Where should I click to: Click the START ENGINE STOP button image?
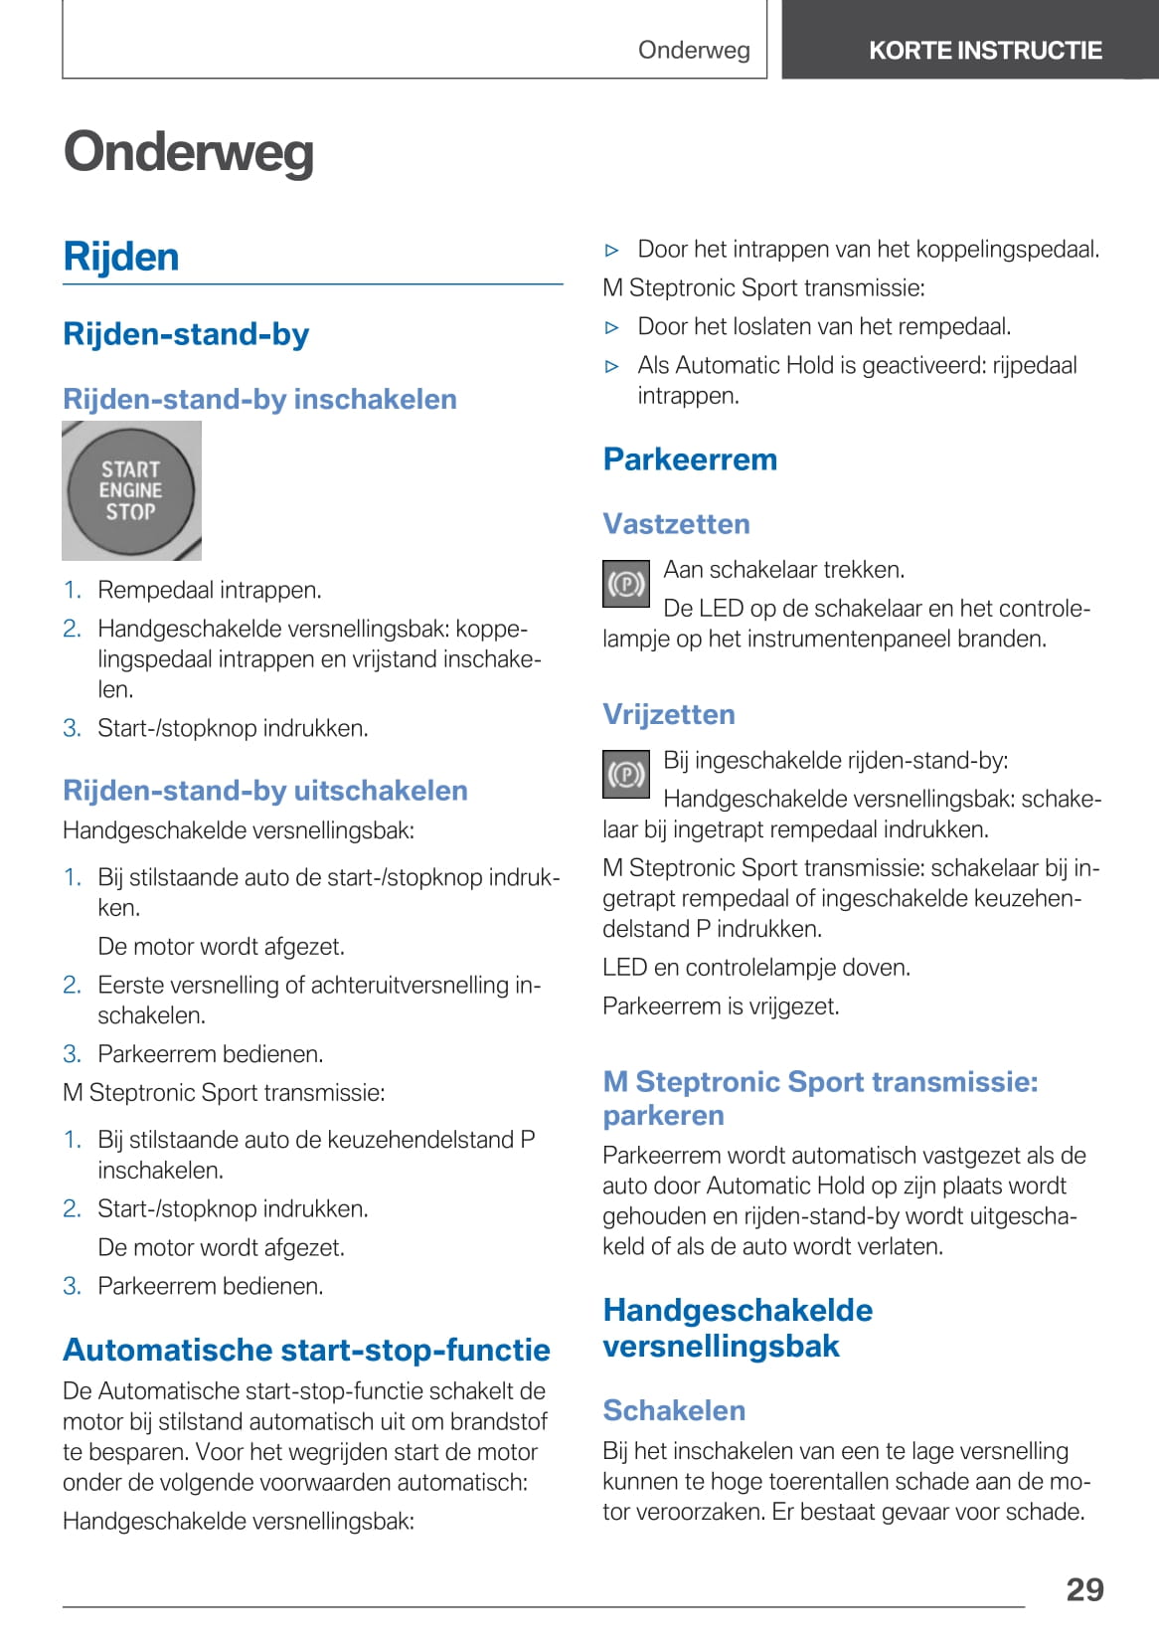click(x=130, y=490)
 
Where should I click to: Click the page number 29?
click(x=1084, y=1589)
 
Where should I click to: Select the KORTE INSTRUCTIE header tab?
click(x=984, y=51)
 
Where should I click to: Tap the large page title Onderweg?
click(x=189, y=152)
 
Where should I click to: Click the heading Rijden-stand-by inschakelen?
click(x=259, y=400)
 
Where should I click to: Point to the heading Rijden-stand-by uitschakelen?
click(x=264, y=791)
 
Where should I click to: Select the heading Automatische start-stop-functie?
click(x=306, y=1350)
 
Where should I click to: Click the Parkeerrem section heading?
click(x=690, y=459)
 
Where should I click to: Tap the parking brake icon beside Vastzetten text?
click(x=626, y=584)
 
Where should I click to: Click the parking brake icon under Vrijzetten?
click(x=626, y=774)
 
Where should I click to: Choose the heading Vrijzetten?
click(x=669, y=714)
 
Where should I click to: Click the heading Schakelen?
click(x=674, y=1410)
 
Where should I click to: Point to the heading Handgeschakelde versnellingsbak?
click(x=738, y=1328)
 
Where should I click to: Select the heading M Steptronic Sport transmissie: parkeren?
click(x=820, y=1098)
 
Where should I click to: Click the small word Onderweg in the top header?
click(x=694, y=51)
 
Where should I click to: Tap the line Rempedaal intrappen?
click(x=209, y=590)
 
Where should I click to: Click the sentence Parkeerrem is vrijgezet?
click(x=721, y=1006)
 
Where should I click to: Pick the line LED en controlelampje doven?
click(x=756, y=968)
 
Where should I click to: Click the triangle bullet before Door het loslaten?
click(x=612, y=327)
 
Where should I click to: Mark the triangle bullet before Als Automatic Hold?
click(x=612, y=366)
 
